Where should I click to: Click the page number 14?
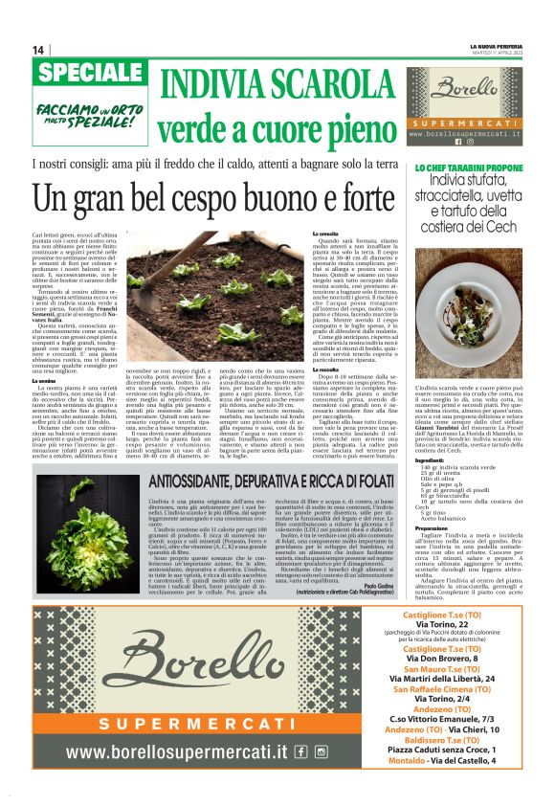click(x=39, y=50)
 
